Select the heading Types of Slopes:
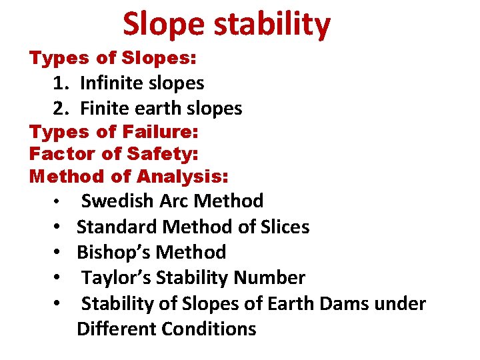click(113, 59)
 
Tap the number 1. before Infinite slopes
click(62, 83)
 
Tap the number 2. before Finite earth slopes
click(62, 108)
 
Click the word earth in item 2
click(159, 108)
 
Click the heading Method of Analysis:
click(129, 177)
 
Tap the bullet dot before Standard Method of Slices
click(59, 227)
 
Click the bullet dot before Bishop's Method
click(59, 253)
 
